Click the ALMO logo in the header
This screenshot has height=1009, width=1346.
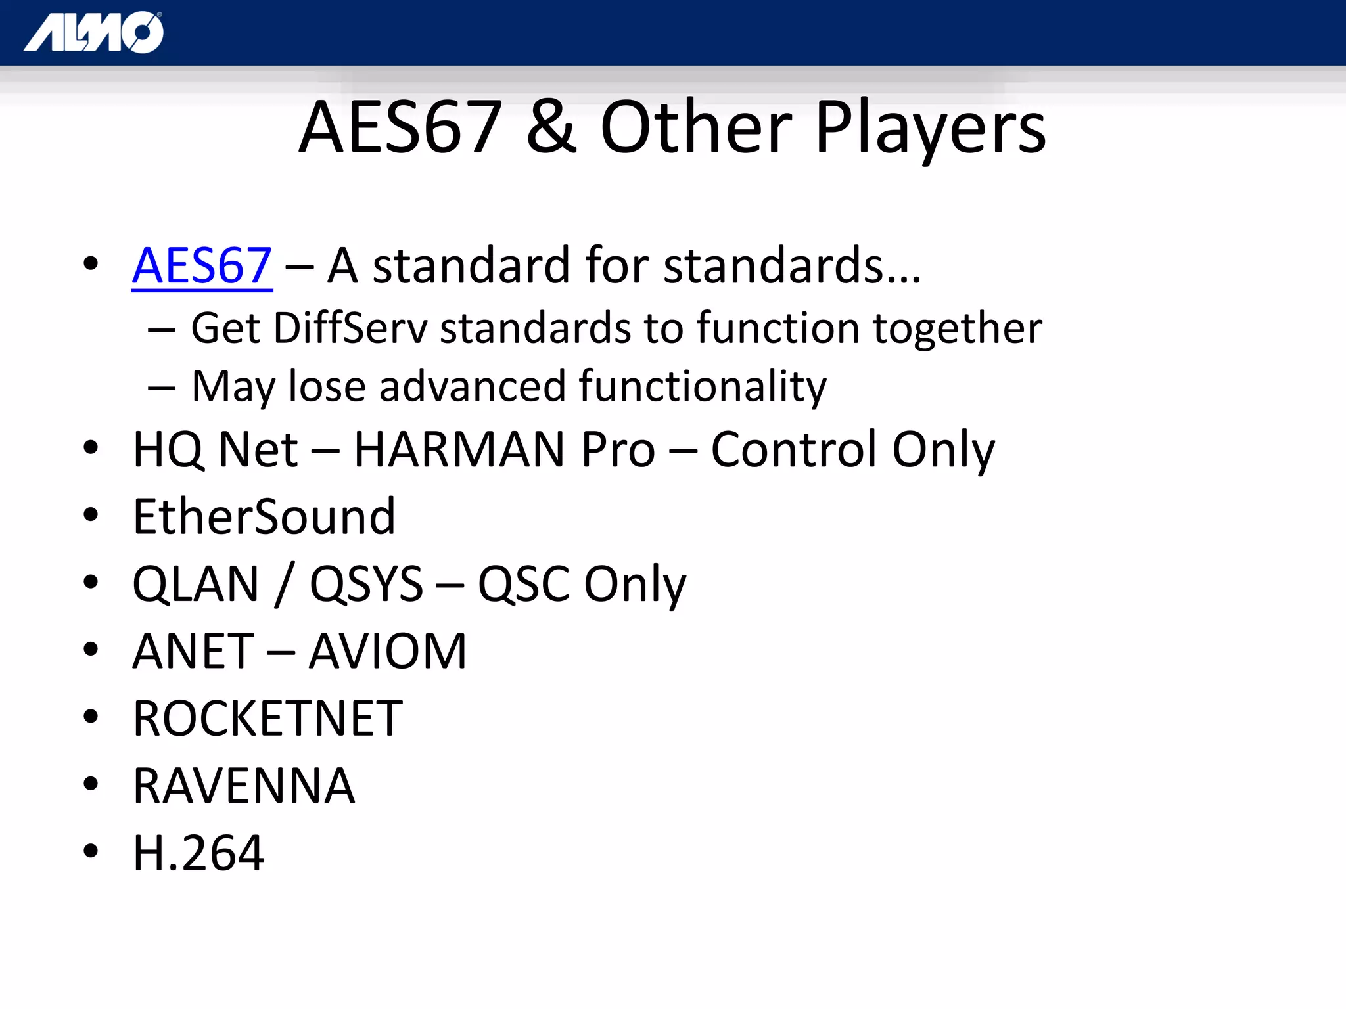94,32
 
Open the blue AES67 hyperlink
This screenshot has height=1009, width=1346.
202,265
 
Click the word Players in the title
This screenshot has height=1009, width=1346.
930,128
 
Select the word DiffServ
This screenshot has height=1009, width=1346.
350,328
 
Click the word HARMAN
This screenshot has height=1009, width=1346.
459,450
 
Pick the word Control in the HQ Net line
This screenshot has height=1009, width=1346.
795,450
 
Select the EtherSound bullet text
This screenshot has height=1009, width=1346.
264,517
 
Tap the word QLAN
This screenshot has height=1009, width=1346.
196,584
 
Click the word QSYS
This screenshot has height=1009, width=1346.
366,584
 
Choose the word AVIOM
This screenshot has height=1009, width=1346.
388,652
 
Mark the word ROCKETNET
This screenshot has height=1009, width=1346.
267,719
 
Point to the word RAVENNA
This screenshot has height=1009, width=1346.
244,786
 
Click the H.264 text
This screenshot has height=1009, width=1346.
198,853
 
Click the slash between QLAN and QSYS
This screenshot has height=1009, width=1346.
284,584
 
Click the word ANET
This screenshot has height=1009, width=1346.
193,652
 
